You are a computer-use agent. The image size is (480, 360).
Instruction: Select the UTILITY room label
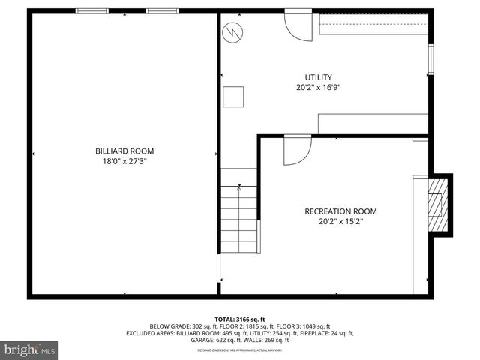pos(318,77)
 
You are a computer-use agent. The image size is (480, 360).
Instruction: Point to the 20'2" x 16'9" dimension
pos(318,88)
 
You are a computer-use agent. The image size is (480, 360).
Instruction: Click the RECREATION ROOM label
pos(340,211)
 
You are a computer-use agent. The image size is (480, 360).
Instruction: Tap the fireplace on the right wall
pos(438,205)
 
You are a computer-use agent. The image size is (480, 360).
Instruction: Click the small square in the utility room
pos(234,97)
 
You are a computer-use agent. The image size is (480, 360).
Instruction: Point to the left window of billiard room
pos(91,11)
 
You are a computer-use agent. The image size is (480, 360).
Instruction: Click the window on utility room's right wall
pos(430,60)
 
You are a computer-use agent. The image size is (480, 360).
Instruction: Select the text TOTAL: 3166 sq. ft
pos(239,318)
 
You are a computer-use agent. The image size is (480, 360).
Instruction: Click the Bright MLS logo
pos(30,349)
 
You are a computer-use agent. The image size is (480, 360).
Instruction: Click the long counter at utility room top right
pos(373,26)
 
